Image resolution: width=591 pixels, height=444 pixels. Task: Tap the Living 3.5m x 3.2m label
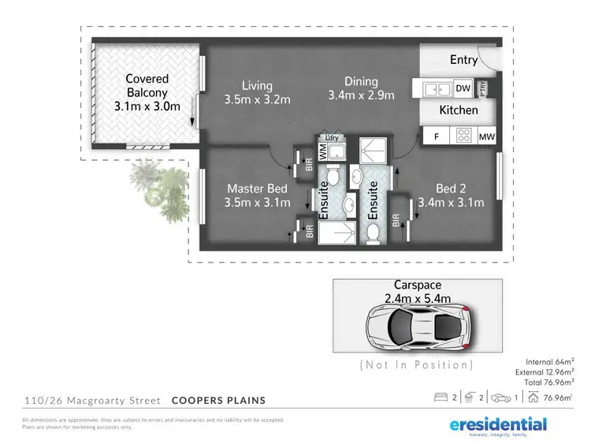pyautogui.click(x=258, y=92)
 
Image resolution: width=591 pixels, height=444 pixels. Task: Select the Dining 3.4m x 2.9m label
pyautogui.click(x=361, y=88)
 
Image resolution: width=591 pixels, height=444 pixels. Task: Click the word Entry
pyautogui.click(x=463, y=60)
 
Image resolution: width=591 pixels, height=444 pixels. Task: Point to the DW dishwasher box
pyautogui.click(x=463, y=88)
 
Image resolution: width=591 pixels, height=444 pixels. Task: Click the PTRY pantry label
pyautogui.click(x=483, y=88)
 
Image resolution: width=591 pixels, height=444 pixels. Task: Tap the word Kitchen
pyautogui.click(x=459, y=110)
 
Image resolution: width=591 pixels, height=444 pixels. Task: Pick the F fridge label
pyautogui.click(x=436, y=137)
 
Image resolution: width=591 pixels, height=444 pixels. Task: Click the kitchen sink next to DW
pyautogui.click(x=431, y=88)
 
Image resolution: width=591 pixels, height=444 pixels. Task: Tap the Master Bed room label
pyautogui.click(x=258, y=196)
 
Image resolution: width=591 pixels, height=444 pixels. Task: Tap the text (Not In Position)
pyautogui.click(x=417, y=364)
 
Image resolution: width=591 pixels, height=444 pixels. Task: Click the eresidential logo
pyautogui.click(x=498, y=426)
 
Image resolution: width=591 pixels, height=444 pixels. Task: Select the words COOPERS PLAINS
pyautogui.click(x=218, y=400)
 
